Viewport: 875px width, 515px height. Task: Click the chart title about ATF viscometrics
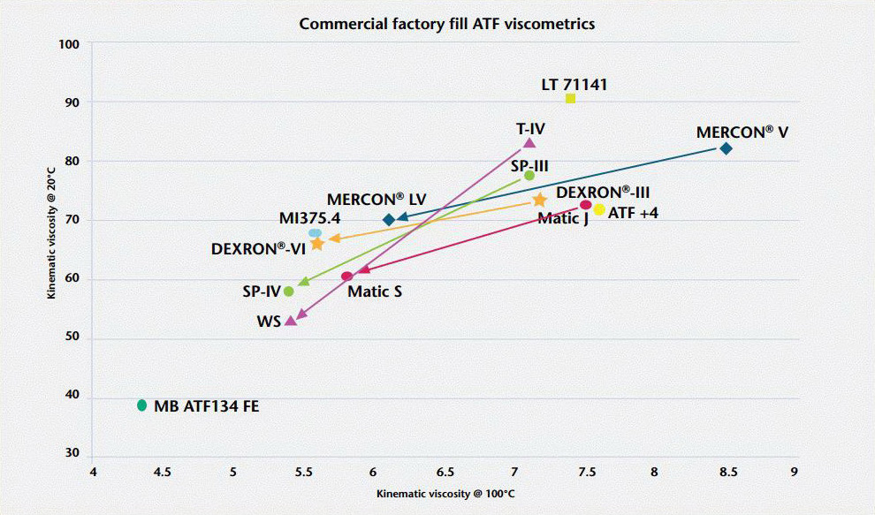click(x=446, y=24)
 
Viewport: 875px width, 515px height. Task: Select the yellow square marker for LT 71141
click(x=570, y=98)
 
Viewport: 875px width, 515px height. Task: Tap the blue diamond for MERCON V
click(x=726, y=148)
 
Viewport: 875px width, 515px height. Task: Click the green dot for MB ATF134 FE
click(x=141, y=405)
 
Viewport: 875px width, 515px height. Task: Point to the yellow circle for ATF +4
click(x=599, y=210)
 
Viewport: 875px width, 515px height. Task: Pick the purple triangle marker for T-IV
click(x=529, y=142)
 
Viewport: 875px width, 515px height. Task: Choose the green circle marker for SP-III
click(x=529, y=176)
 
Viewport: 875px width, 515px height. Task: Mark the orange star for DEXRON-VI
click(x=317, y=243)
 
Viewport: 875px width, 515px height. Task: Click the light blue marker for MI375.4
click(x=315, y=233)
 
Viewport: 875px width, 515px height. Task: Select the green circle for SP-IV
click(x=288, y=291)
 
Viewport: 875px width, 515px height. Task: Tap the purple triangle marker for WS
click(x=291, y=321)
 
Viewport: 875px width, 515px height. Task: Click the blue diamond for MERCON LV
click(x=389, y=219)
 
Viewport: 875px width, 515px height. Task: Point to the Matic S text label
click(x=375, y=291)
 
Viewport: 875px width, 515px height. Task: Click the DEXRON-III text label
click(x=604, y=192)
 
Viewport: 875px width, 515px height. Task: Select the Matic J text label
click(x=562, y=218)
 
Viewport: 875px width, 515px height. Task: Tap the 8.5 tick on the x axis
click(x=727, y=472)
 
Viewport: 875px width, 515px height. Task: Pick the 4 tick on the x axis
click(x=93, y=472)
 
